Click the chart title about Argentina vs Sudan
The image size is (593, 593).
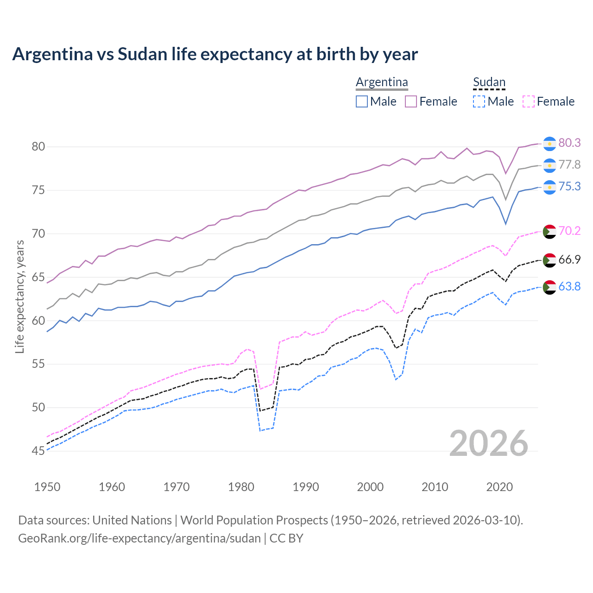pos(215,54)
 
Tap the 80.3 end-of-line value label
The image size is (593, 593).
pos(569,143)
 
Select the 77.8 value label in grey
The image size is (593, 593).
pos(569,164)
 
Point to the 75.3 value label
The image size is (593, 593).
pos(569,186)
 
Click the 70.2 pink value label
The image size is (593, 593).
pos(569,231)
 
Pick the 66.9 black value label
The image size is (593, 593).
pos(569,259)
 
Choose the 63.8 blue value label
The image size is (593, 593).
pos(569,286)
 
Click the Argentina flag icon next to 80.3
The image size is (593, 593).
pos(549,144)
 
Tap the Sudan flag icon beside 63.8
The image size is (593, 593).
pos(549,287)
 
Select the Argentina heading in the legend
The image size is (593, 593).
pos(382,82)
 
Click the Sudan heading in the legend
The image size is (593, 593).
pos(489,82)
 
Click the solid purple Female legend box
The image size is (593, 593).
pos(411,101)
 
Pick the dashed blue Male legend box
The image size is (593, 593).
pos(479,101)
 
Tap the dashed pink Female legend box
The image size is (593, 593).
pos(529,101)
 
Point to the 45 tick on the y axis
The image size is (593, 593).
pos(38,451)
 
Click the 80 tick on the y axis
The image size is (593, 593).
pos(38,147)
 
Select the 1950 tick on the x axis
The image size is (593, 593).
pos(47,487)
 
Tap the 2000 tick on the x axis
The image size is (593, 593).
pos(370,487)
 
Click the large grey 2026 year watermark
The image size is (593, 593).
pos(489,443)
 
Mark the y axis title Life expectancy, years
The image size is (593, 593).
pos(20,296)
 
